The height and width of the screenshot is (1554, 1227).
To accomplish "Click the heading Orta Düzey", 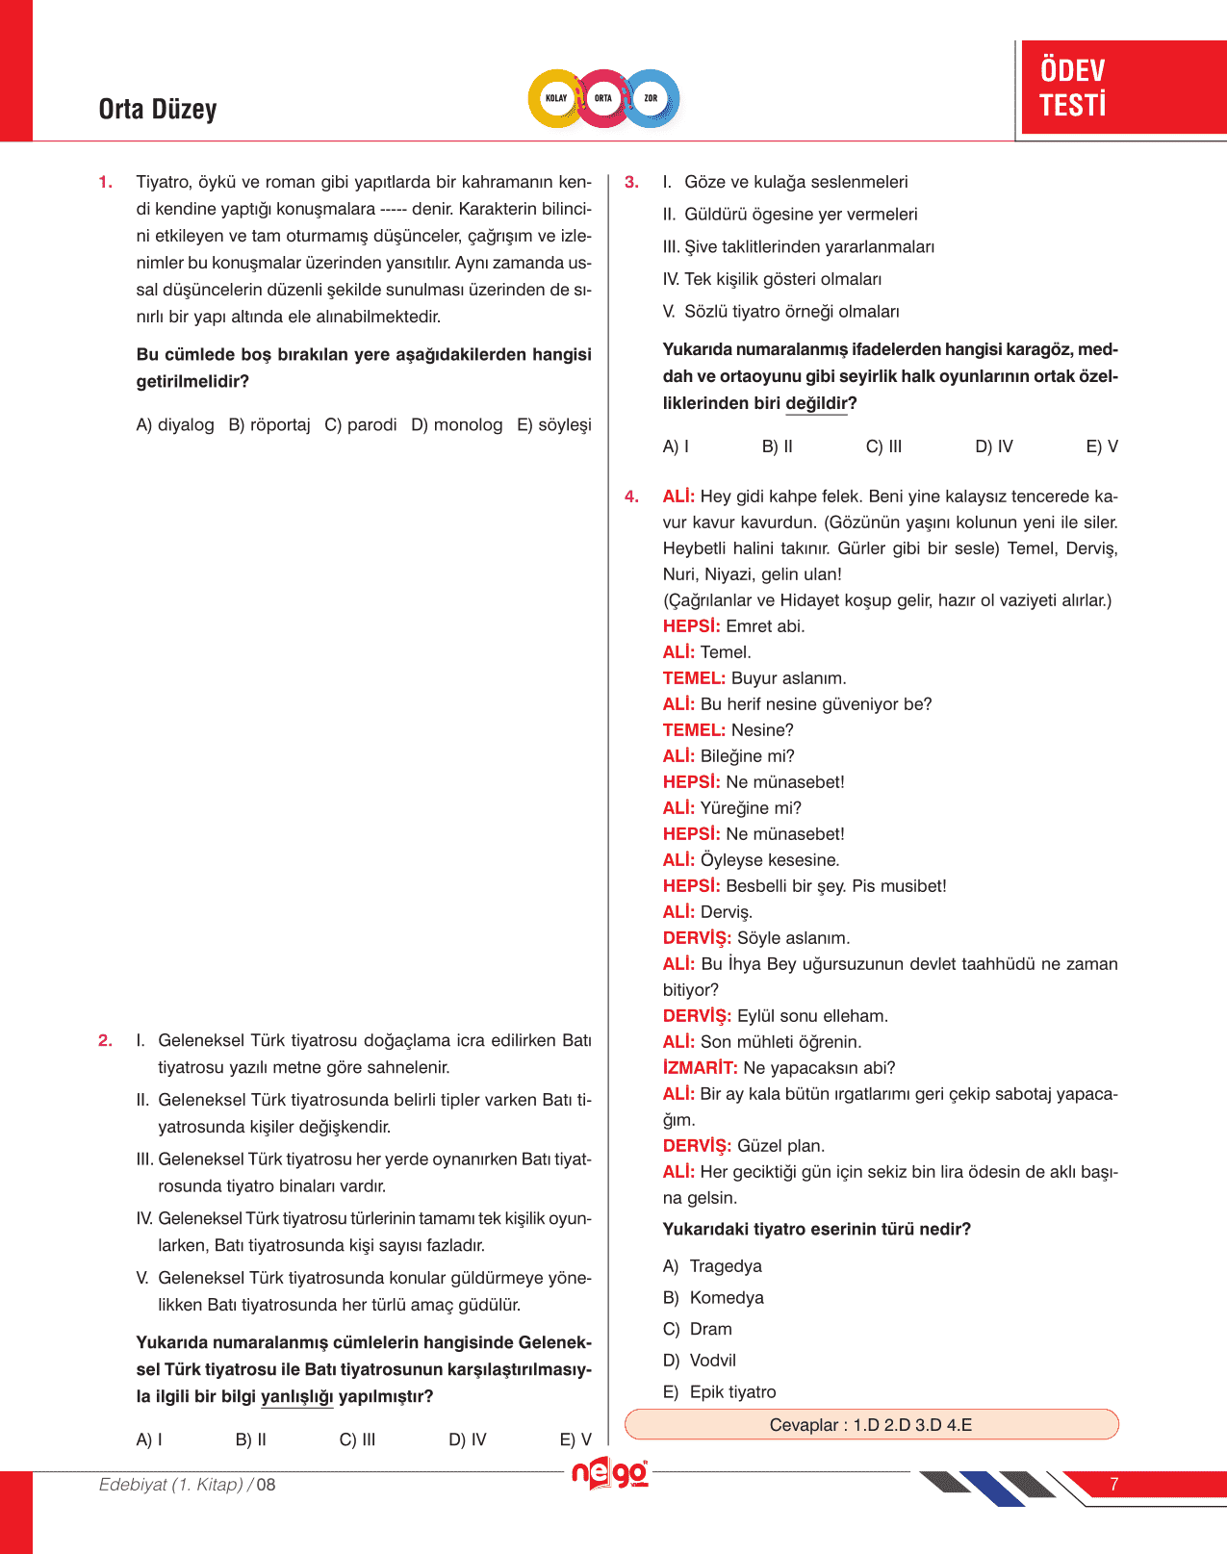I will point(158,110).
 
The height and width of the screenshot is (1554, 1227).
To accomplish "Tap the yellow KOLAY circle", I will point(556,98).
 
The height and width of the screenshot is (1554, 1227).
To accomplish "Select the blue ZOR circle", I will point(652,98).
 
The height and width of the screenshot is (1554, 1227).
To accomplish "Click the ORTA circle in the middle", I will point(603,98).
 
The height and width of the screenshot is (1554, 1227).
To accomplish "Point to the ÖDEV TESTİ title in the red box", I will point(1073,88).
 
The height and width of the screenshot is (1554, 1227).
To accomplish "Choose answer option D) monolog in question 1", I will point(456,425).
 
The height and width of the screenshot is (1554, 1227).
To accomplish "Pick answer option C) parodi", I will point(361,425).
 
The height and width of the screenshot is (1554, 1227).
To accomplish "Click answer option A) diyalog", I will point(175,425).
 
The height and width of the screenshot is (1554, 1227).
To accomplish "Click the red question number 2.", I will point(105,1040).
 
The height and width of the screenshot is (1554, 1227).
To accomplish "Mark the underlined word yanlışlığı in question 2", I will point(296,1396).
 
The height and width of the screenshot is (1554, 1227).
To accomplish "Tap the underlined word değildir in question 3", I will point(816,403).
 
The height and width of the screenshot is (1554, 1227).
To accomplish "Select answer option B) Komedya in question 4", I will point(713,1298).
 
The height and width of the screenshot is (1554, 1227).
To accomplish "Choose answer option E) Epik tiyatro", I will point(719,1392).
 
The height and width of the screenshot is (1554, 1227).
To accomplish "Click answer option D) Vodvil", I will point(700,1361).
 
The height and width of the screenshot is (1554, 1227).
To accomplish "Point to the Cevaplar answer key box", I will point(871,1425).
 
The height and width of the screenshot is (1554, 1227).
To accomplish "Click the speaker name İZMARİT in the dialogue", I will point(700,1068).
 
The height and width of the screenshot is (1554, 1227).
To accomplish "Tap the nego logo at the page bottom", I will point(609,1474).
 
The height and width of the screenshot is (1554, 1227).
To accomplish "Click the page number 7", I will point(1114,1485).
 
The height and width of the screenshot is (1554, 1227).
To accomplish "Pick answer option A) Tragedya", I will point(712,1266).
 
